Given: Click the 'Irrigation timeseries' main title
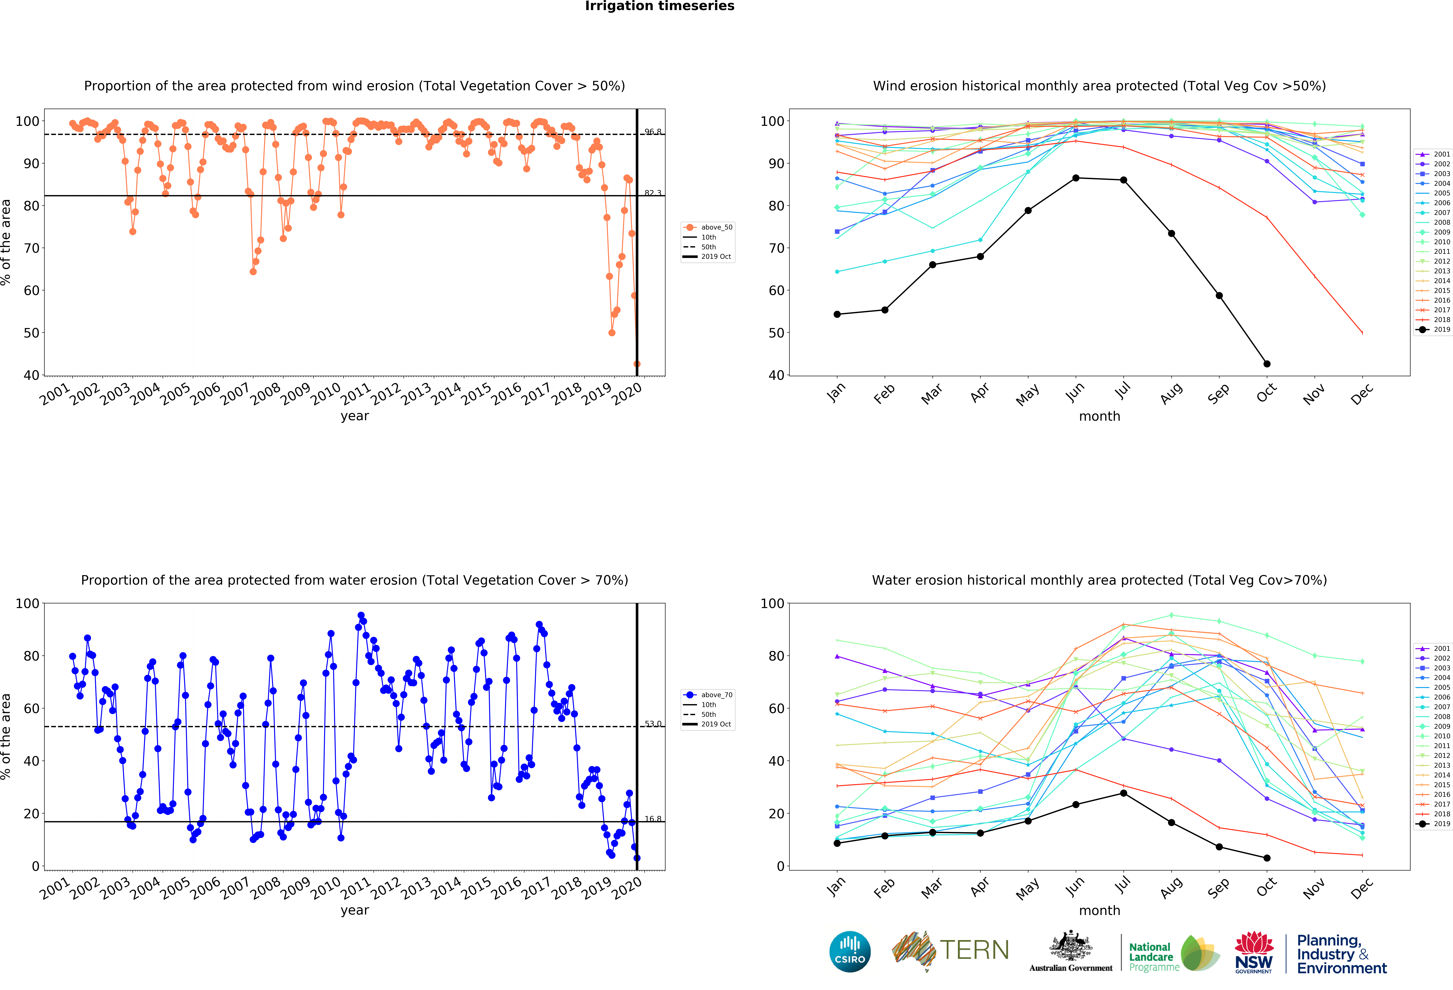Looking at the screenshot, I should (660, 6).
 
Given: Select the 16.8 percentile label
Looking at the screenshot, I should (653, 819).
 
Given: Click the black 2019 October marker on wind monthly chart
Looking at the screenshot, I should (1267, 364).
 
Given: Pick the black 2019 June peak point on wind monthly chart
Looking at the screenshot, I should (1075, 178).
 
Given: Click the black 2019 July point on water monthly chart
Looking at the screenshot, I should (1124, 793).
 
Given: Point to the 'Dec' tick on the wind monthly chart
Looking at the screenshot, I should (1362, 394).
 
